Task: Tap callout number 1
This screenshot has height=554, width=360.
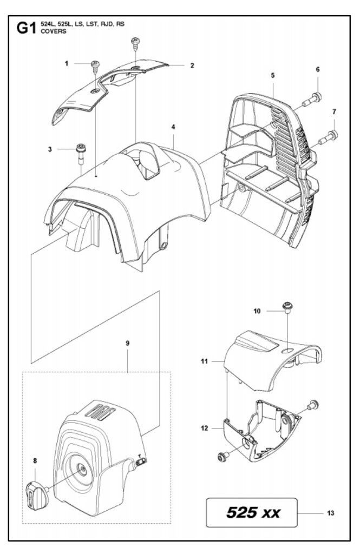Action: [67, 63]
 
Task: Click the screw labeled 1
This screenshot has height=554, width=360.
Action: [95, 66]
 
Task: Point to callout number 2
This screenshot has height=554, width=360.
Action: [192, 65]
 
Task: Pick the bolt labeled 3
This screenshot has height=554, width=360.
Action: [81, 149]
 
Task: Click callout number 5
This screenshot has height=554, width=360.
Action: [273, 76]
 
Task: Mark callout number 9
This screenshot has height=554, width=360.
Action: [127, 343]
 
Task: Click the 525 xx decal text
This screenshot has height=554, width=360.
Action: [253, 512]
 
